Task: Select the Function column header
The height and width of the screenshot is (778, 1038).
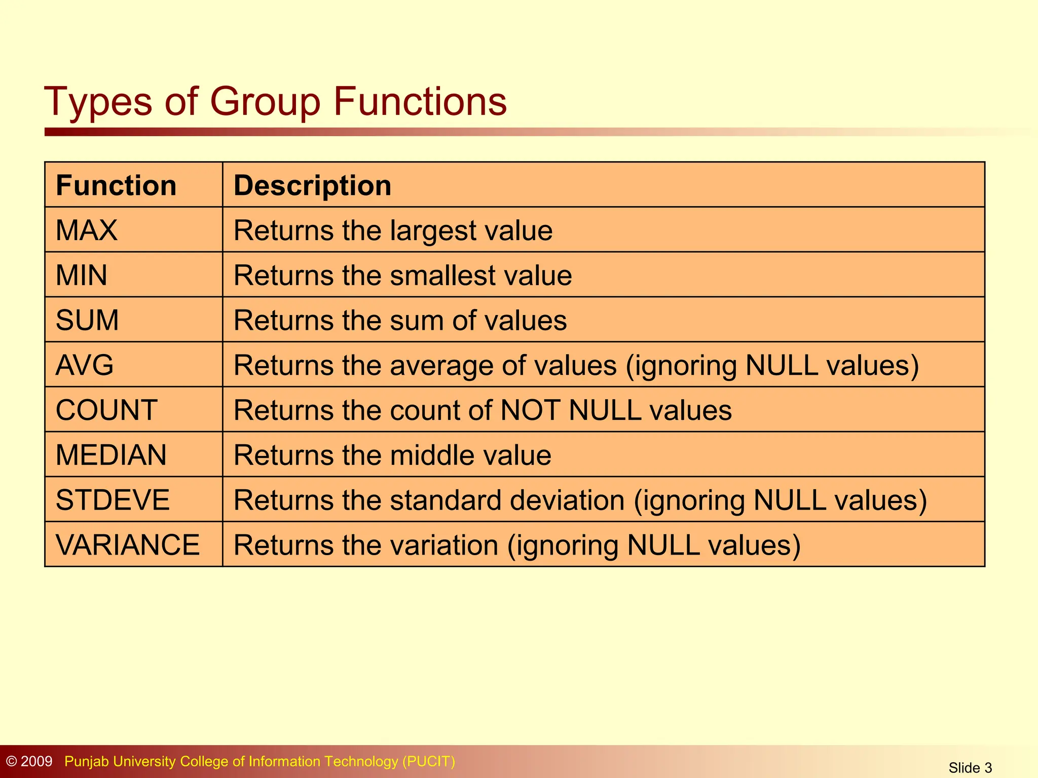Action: (x=116, y=185)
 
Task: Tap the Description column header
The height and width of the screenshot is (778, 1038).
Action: (x=312, y=185)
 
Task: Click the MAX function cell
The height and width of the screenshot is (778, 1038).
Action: (x=87, y=230)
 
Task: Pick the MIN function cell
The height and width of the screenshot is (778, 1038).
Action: (x=82, y=276)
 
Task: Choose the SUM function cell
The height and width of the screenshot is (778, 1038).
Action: (x=87, y=320)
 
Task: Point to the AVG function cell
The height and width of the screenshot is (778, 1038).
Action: (x=85, y=365)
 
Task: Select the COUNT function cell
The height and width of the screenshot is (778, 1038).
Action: (x=106, y=410)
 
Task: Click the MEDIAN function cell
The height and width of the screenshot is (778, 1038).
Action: (x=111, y=455)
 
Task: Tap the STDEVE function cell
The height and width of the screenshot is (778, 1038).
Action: (x=113, y=500)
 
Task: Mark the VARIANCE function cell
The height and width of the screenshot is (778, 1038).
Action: (x=128, y=545)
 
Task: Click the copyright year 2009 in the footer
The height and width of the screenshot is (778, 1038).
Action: (x=36, y=761)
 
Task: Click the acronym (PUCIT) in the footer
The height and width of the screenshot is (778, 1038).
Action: (x=429, y=761)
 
